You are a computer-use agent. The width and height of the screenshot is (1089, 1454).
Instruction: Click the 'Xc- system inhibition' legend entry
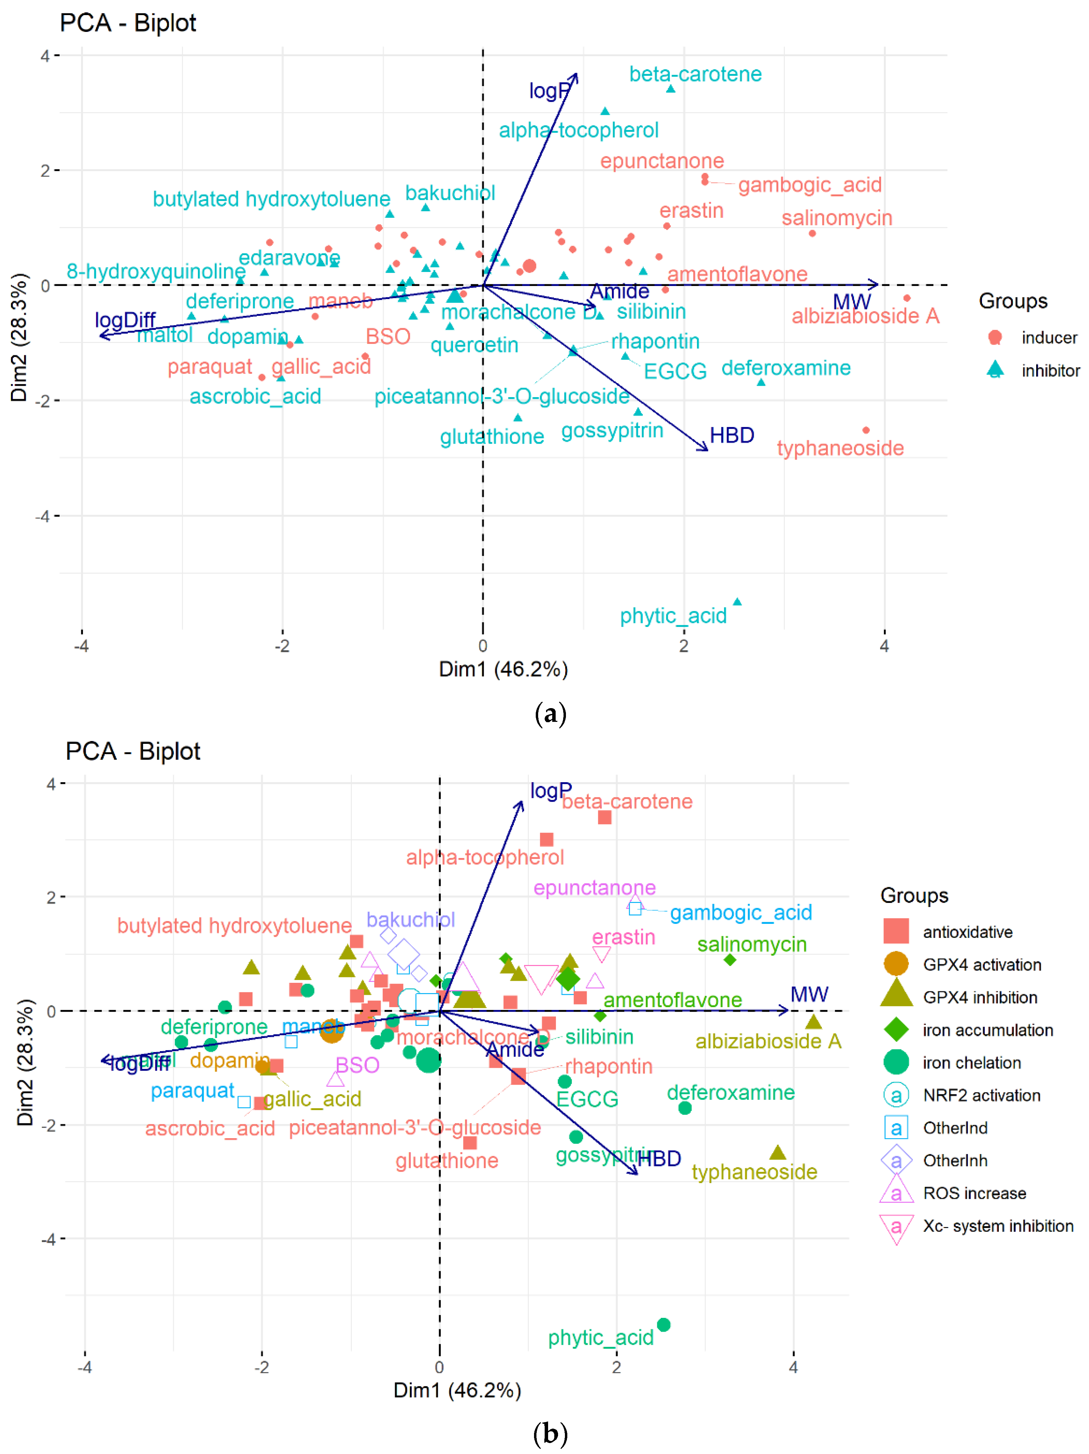[997, 1226]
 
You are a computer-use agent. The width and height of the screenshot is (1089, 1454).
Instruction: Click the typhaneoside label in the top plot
[840, 448]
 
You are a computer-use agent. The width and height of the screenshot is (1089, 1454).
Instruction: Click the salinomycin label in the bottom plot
[751, 944]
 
